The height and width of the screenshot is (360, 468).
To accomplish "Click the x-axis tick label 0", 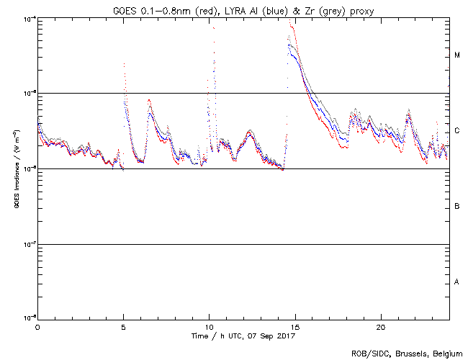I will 37,327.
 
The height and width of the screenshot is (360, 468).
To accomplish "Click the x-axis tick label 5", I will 123,327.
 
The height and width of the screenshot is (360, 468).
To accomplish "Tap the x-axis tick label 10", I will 209,327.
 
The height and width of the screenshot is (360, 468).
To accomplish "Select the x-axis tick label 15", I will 294,327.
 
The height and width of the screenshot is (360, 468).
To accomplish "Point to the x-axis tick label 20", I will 380,327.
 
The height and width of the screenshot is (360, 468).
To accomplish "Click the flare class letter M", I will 457,55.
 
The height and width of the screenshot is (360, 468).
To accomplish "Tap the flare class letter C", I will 457,131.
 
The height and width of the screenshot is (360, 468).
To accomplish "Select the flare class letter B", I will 457,207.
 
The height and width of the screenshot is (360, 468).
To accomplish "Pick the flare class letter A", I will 457,282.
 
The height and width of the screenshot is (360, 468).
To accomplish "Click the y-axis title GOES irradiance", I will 16,168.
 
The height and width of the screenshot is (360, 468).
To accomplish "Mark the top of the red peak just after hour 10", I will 214,27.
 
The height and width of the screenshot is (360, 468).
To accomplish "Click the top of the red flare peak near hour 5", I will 125,64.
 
